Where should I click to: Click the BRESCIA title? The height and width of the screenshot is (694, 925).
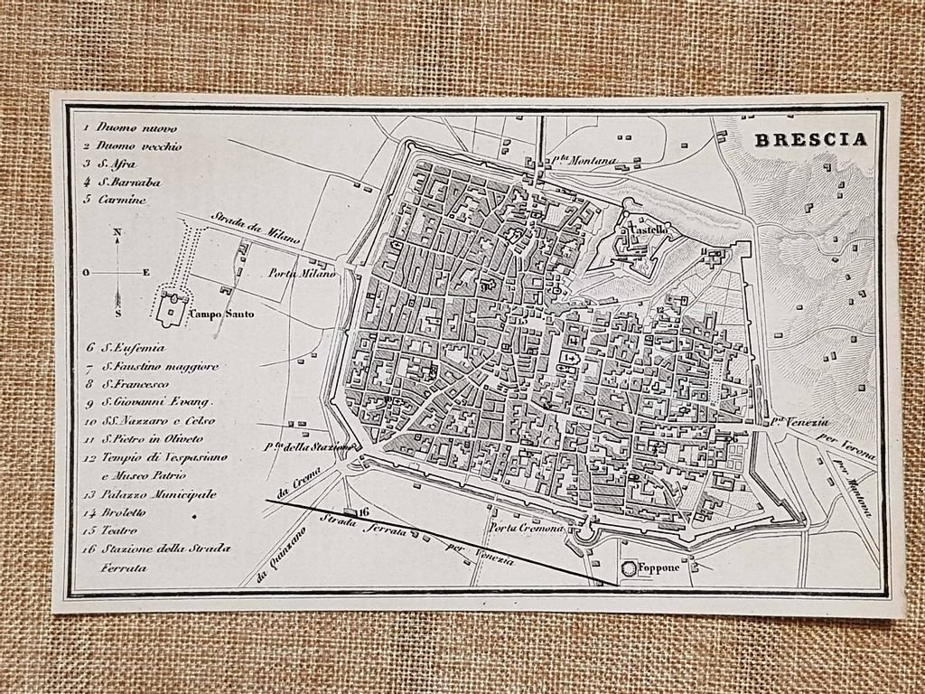coord(810,139)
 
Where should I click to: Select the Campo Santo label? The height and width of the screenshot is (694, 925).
coord(221,314)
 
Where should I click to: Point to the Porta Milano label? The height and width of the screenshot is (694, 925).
coord(302,273)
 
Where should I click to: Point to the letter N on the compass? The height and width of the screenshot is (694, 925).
coord(117,233)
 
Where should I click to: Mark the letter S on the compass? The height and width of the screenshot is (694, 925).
coord(118,313)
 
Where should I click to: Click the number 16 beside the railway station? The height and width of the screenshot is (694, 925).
coord(364,511)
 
